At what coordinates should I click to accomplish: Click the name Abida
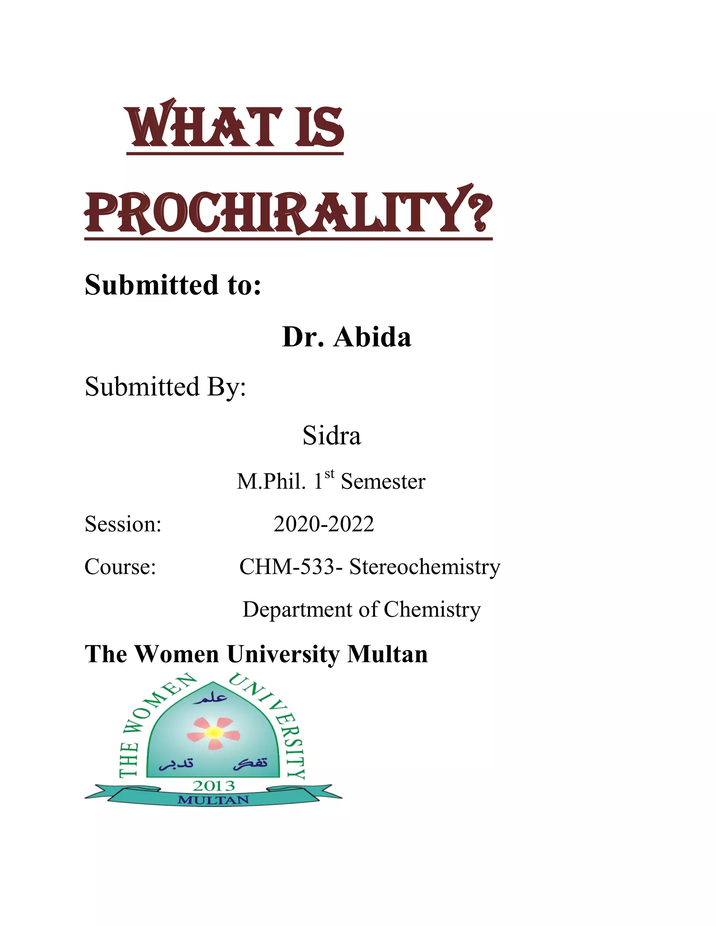click(x=372, y=338)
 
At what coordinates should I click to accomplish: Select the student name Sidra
click(x=331, y=435)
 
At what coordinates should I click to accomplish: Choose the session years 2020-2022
click(x=324, y=524)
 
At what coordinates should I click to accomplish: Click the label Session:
click(x=123, y=524)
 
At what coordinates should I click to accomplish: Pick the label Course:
click(x=120, y=567)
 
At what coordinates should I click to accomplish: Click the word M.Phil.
click(x=271, y=482)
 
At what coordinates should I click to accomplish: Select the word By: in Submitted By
click(x=226, y=387)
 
